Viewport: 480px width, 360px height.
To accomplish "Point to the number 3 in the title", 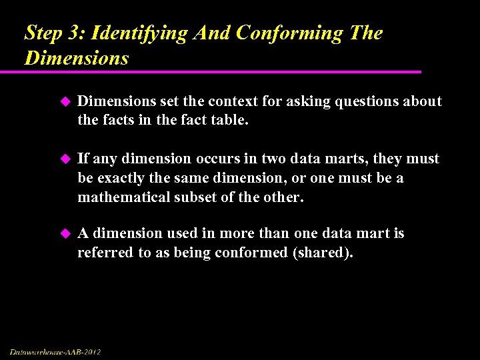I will pyautogui.click(x=78, y=33).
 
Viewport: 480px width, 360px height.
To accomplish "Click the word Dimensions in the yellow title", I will pyautogui.click(x=76, y=58).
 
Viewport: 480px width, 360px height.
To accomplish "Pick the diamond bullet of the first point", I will pyautogui.click(x=65, y=101).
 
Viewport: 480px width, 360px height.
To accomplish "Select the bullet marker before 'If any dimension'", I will pyautogui.click(x=65, y=159).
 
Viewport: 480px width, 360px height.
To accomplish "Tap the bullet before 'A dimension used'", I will pyautogui.click(x=65, y=233).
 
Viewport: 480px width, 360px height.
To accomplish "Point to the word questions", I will pyautogui.click(x=357, y=101).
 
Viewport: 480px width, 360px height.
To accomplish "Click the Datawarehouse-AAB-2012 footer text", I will pyautogui.click(x=55, y=351).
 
